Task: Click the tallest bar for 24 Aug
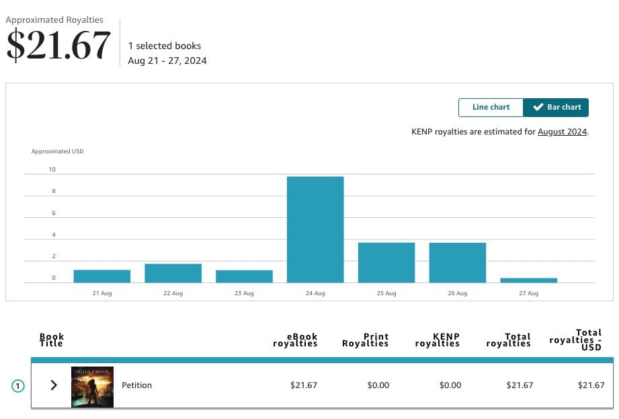pos(315,229)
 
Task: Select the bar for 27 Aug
pos(528,280)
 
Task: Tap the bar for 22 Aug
pos(173,273)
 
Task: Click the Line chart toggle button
pos(491,107)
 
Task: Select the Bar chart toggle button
pos(556,107)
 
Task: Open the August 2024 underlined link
pos(563,132)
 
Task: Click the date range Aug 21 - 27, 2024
pos(167,61)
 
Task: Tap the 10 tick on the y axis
pos(52,169)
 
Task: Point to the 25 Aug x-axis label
pos(386,293)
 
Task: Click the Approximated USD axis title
pos(57,151)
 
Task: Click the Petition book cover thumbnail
pos(92,387)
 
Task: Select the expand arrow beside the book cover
pos(54,385)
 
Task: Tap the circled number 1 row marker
pos(18,386)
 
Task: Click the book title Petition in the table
pos(136,385)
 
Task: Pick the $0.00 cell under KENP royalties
pos(450,385)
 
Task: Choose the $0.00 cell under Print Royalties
pos(378,385)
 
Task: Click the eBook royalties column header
pos(295,340)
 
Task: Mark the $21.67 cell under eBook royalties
pos(303,385)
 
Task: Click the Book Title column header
pos(52,340)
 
